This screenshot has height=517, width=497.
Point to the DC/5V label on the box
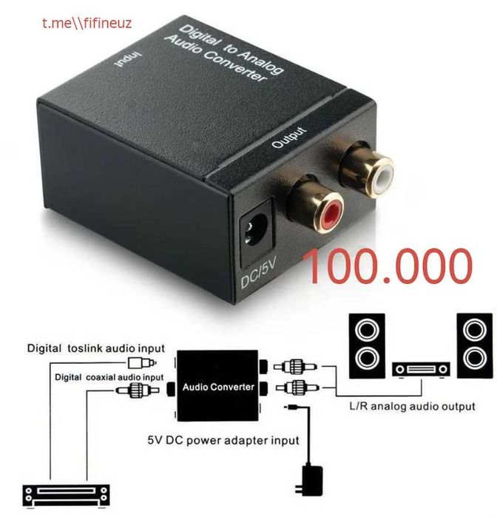pyautogui.click(x=259, y=272)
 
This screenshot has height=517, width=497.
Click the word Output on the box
pyautogui.click(x=289, y=137)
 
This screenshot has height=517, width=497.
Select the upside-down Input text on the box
pyautogui.click(x=128, y=60)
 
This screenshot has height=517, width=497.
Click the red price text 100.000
pyautogui.click(x=388, y=266)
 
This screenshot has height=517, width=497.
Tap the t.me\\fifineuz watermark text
pyautogui.click(x=87, y=24)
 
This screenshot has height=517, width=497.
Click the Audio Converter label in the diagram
pyautogui.click(x=218, y=387)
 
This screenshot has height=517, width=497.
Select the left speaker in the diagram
pyautogui.click(x=367, y=345)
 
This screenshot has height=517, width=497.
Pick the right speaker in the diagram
pyautogui.click(x=475, y=345)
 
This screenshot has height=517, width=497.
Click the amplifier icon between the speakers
pyautogui.click(x=421, y=370)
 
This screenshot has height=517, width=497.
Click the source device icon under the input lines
pyautogui.click(x=67, y=496)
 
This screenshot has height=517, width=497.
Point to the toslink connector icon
pyautogui.click(x=142, y=363)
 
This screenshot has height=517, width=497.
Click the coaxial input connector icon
pyautogui.click(x=138, y=391)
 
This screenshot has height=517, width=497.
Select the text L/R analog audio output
pyautogui.click(x=412, y=406)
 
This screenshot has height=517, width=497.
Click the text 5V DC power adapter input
pyautogui.click(x=223, y=441)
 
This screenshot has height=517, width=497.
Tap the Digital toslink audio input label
pyautogui.click(x=96, y=348)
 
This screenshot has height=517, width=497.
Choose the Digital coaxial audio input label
pyautogui.click(x=109, y=377)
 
